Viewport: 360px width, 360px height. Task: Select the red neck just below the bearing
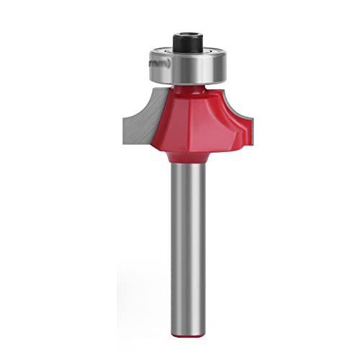click(x=189, y=89)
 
